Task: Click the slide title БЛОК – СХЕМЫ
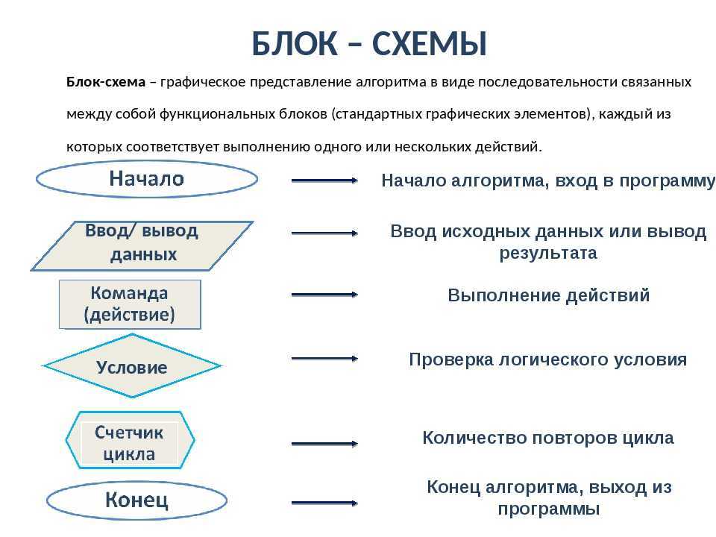[369, 44]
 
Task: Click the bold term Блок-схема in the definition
[106, 82]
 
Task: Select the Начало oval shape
[147, 179]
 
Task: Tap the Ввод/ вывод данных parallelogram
[142, 245]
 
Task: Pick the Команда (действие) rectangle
[130, 304]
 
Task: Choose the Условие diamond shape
[132, 365]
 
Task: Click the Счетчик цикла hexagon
[130, 440]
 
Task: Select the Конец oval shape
[136, 500]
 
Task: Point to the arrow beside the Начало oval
[324, 180]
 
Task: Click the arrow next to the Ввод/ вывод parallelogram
[324, 233]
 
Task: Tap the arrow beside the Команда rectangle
[324, 295]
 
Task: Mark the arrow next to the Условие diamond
[324, 359]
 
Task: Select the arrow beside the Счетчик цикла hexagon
[324, 443]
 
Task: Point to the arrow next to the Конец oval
[324, 503]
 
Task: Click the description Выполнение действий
[548, 296]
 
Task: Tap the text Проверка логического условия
[547, 359]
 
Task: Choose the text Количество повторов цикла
[548, 438]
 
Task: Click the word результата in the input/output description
[548, 254]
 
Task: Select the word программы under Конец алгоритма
[548, 509]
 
